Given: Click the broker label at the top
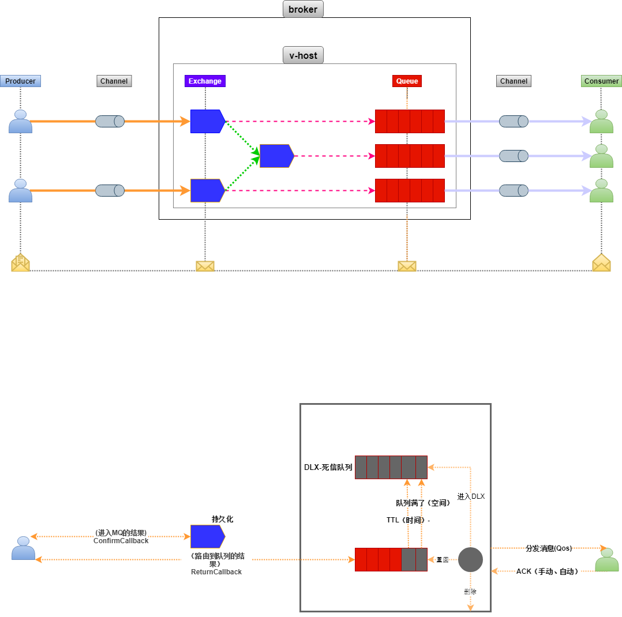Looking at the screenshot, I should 303,10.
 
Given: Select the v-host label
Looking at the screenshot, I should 303,55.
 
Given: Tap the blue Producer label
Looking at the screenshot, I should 20,81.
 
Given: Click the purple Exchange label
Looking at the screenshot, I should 205,81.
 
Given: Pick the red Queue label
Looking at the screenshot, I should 407,81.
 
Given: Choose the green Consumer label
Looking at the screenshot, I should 601,81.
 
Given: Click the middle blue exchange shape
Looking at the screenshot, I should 276,156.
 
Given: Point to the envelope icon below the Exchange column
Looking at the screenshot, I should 205,266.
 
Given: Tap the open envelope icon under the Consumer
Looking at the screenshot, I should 601,262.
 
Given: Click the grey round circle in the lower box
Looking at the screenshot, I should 470,559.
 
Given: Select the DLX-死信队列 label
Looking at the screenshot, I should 328,467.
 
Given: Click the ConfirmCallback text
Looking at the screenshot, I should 121,541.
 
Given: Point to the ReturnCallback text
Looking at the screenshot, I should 216,572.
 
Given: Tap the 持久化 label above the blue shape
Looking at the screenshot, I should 222,519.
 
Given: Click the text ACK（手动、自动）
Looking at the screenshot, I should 547,571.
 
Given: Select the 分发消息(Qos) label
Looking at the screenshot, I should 549,548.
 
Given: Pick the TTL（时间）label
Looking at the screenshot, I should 407,520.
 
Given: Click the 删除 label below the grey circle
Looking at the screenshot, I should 470,592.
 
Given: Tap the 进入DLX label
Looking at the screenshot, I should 471,496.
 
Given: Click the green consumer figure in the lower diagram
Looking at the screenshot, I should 606,560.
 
